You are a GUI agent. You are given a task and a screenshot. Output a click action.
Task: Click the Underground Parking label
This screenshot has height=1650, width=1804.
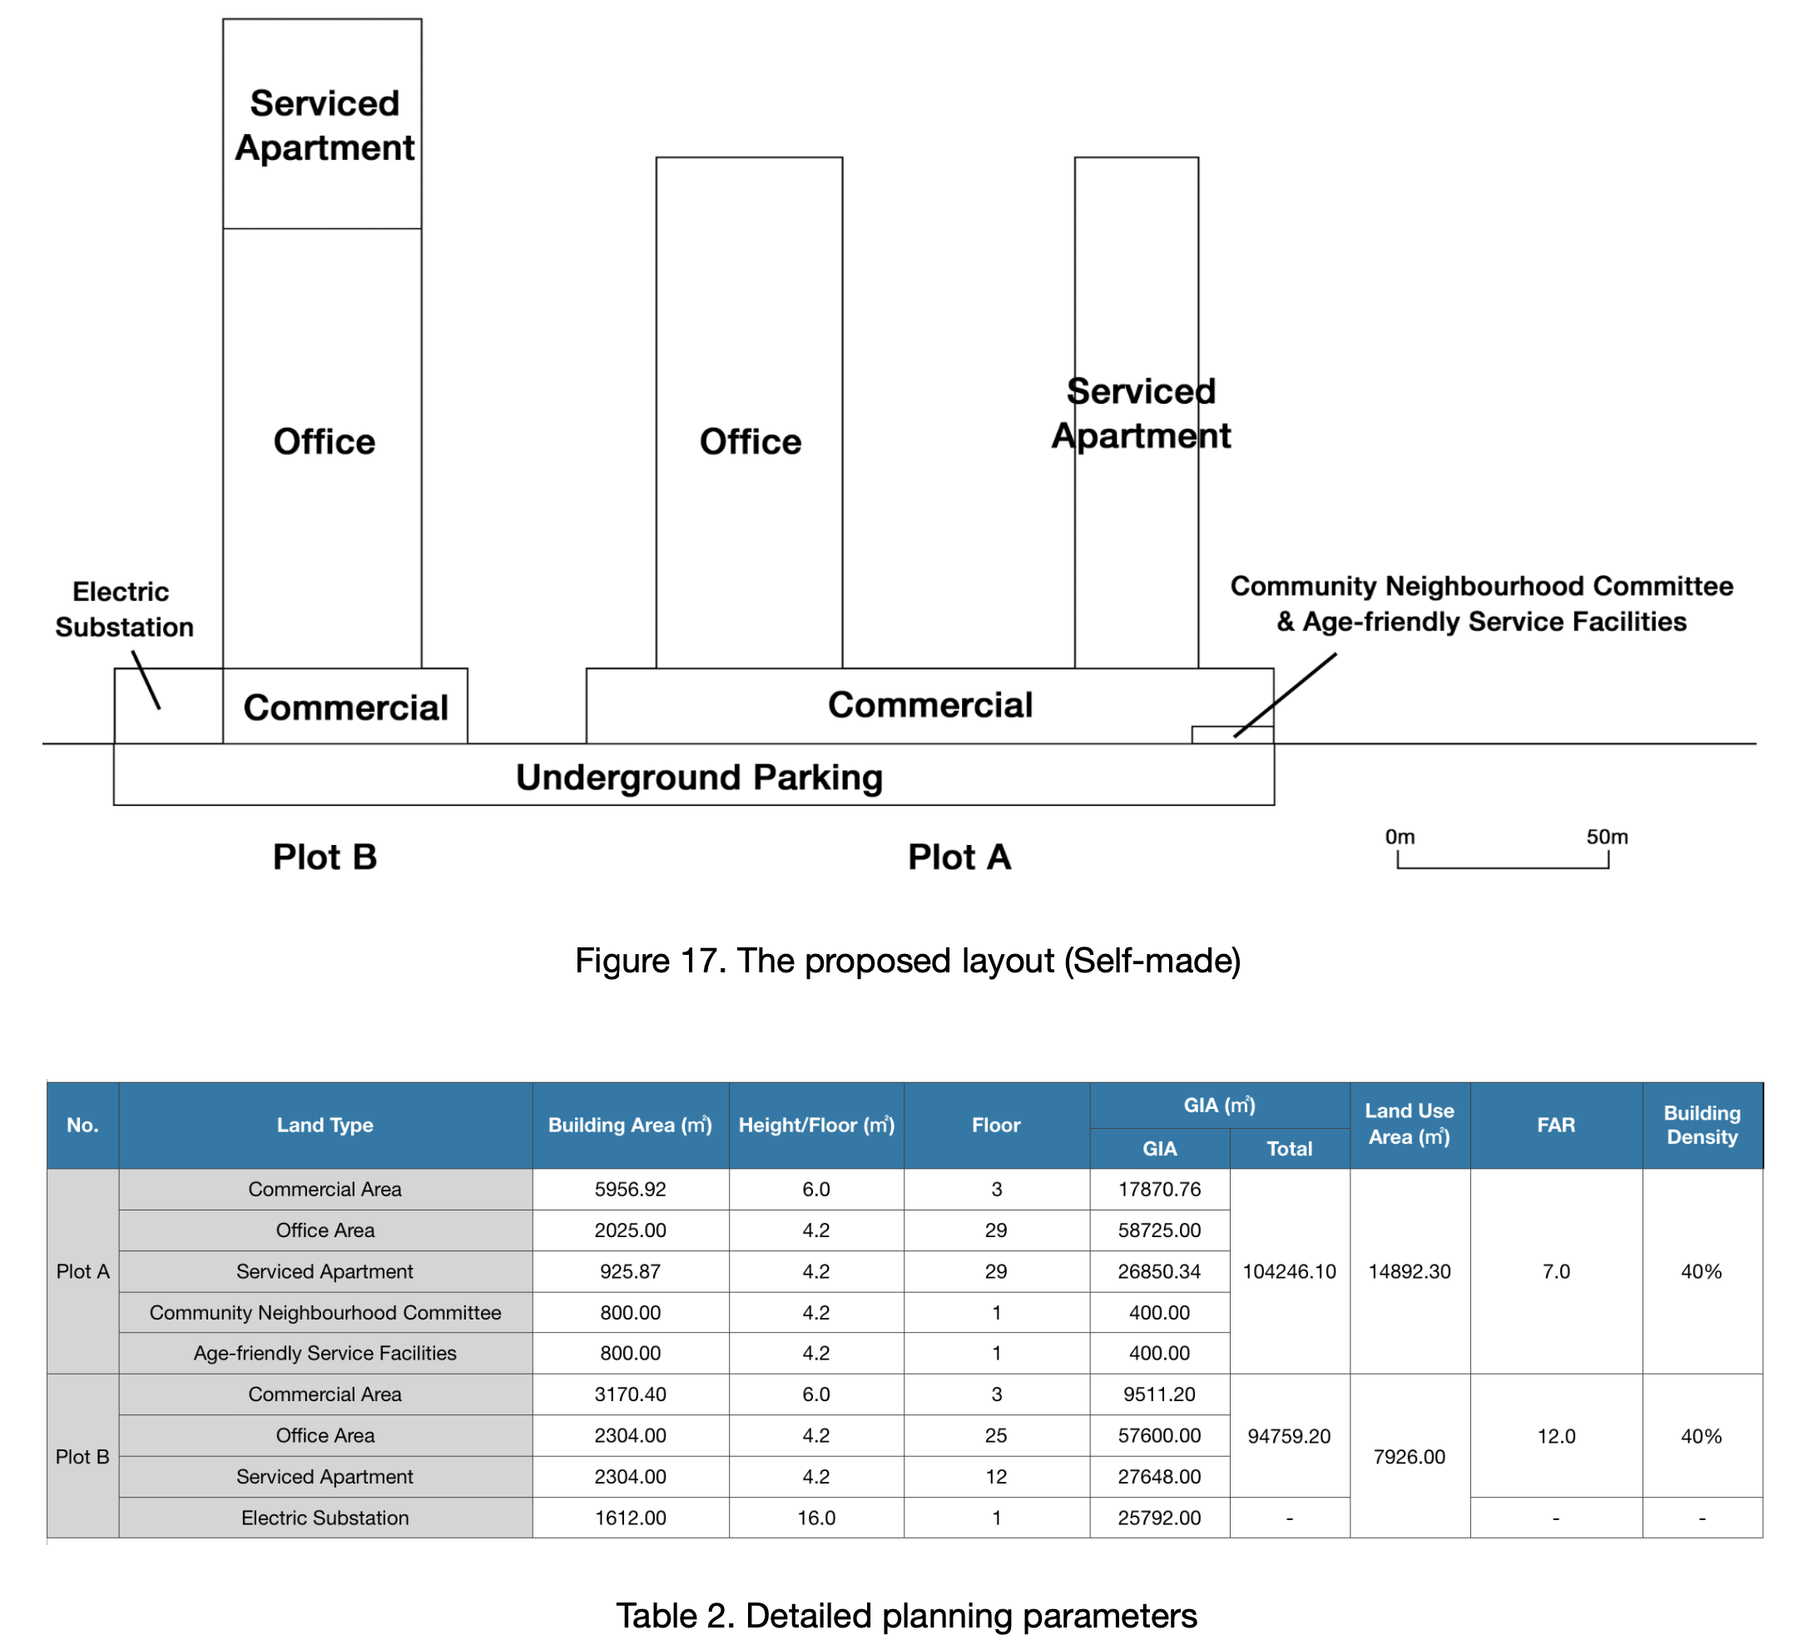(699, 777)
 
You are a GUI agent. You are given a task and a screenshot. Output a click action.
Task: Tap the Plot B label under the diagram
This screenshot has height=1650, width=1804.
(325, 857)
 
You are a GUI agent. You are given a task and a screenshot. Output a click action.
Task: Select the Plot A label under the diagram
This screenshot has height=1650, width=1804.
(959, 857)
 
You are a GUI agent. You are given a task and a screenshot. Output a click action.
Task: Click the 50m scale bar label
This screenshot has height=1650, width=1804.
(1606, 837)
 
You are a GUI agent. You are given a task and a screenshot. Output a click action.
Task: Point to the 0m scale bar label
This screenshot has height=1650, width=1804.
(1400, 837)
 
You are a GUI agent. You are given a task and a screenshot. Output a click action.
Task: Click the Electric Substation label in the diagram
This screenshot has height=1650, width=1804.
(123, 609)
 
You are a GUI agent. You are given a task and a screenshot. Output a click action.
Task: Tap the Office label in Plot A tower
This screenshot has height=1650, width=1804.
(750, 441)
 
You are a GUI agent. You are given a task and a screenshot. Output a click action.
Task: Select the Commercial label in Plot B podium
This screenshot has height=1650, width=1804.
(345, 708)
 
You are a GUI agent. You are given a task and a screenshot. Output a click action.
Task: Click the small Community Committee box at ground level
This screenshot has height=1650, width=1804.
(1232, 735)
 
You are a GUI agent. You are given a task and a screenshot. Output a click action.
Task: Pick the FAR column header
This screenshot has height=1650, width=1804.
(1555, 1125)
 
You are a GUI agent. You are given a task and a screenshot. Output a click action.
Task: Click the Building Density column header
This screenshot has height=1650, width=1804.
(1701, 1125)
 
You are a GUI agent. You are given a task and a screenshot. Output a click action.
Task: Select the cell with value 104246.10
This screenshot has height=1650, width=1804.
(1289, 1271)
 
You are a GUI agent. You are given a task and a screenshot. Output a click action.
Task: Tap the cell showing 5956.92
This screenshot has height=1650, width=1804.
(630, 1189)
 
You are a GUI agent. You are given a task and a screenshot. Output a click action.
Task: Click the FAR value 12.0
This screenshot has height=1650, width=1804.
(1555, 1436)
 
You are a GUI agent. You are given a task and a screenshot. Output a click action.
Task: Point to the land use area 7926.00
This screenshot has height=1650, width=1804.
(1409, 1457)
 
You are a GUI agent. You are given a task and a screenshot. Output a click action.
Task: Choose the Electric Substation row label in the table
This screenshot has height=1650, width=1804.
(325, 1518)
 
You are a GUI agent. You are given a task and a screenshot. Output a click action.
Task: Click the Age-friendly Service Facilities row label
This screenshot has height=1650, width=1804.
(325, 1353)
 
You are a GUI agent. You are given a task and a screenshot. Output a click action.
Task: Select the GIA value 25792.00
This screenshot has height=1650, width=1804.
(1159, 1518)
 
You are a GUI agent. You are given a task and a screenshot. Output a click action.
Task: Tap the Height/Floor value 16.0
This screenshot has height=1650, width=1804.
(816, 1518)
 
